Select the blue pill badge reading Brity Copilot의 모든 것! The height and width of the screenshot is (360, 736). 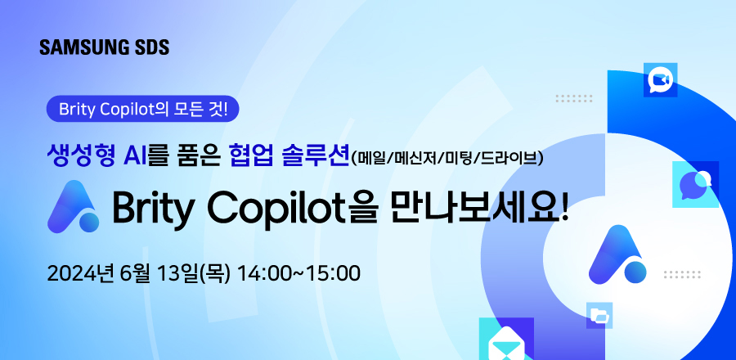pyautogui.click(x=143, y=108)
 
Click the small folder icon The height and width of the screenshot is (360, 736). pyautogui.click(x=599, y=315)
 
